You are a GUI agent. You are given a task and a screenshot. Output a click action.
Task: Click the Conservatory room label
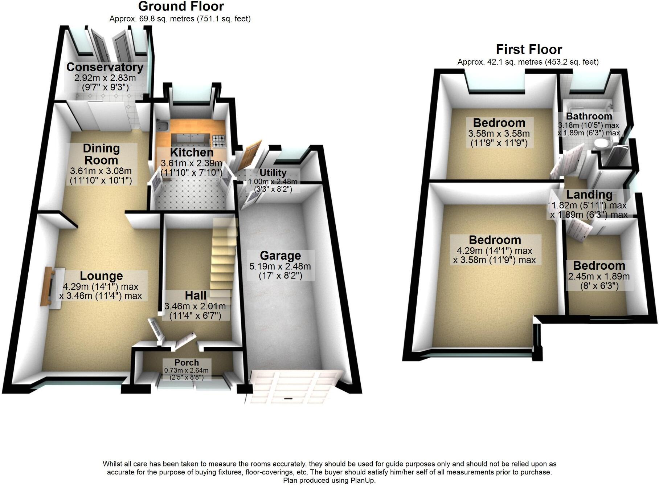point(105,67)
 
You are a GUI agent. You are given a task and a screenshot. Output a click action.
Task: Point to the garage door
point(296,386)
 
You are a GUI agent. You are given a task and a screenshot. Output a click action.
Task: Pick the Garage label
point(280,256)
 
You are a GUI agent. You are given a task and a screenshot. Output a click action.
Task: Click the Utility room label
point(273,173)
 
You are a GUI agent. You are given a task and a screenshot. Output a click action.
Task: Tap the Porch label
point(187,362)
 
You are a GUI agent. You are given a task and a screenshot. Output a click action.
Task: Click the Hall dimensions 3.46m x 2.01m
point(195,306)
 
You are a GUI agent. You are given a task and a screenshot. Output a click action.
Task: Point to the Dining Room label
point(101,154)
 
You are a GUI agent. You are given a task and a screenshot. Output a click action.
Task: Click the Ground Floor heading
point(181,7)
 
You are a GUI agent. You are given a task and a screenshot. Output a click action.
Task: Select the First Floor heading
point(529,49)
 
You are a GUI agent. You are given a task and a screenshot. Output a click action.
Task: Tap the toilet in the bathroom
point(602,144)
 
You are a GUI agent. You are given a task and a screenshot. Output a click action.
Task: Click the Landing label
point(589,195)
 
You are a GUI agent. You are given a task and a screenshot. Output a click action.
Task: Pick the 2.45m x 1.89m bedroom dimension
point(599,276)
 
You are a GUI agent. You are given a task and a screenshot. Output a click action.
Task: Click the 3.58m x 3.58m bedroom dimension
point(499,134)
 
